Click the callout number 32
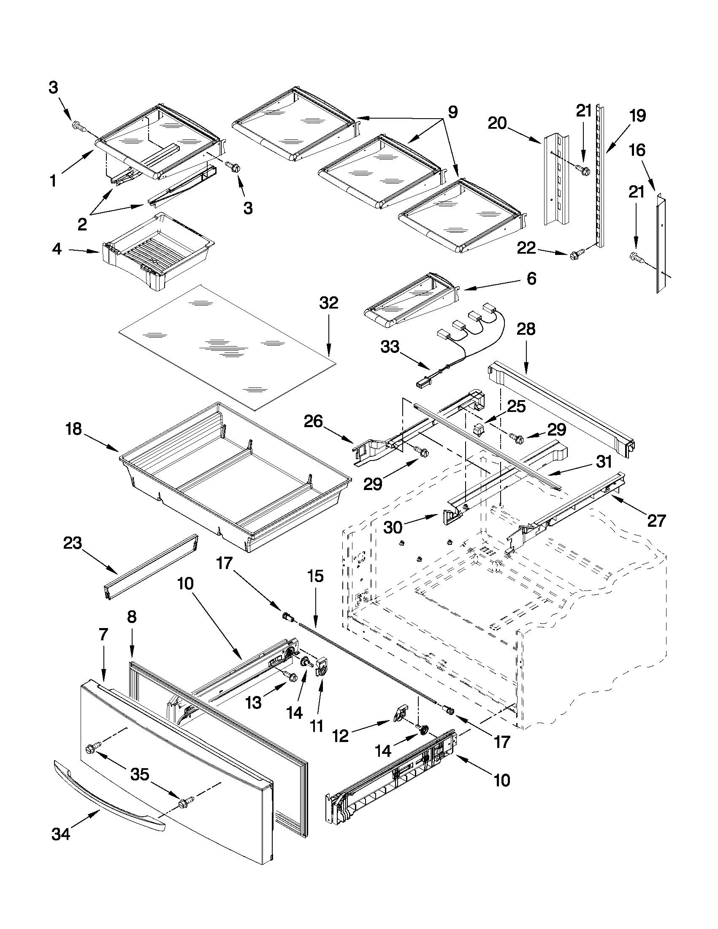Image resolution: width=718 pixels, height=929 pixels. pyautogui.click(x=329, y=303)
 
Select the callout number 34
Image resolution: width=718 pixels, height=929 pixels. pyautogui.click(x=61, y=835)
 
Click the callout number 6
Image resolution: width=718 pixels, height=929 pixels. pyautogui.click(x=531, y=279)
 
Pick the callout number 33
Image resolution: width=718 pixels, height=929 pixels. pyautogui.click(x=390, y=347)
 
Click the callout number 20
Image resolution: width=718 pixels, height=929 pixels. pyautogui.click(x=497, y=123)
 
